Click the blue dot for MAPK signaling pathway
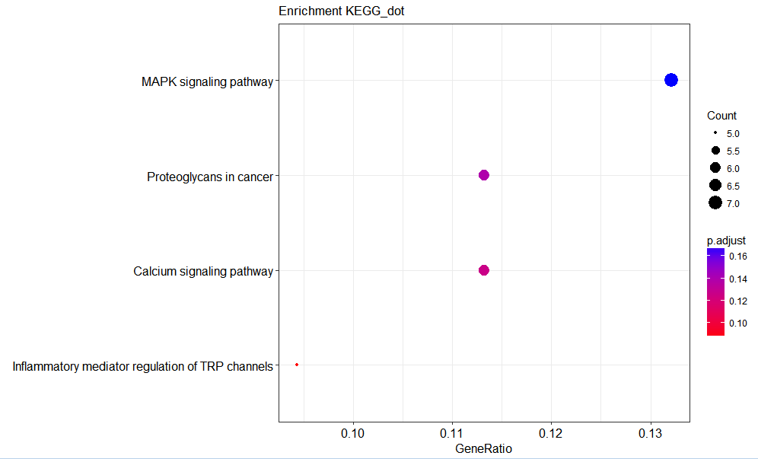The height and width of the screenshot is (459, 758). [670, 80]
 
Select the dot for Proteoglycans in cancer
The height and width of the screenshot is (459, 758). [483, 175]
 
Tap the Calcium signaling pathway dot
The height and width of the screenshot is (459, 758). [483, 270]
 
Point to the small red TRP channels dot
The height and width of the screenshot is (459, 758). [297, 365]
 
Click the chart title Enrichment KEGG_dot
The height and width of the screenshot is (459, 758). [335, 11]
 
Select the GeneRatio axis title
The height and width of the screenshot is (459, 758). [483, 449]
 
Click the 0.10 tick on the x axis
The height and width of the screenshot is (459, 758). [353, 433]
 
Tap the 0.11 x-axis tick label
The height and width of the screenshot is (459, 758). [452, 433]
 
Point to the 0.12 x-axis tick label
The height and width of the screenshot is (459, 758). [551, 433]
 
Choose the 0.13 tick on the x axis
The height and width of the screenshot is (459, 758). [650, 433]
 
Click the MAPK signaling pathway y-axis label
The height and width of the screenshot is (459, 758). [207, 81]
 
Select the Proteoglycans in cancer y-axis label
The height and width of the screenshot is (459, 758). [210, 177]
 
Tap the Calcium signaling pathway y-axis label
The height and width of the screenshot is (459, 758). [203, 271]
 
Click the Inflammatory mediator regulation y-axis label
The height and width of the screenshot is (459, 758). [142, 366]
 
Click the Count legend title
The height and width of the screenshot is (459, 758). [721, 116]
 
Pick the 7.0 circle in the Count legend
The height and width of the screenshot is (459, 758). [715, 202]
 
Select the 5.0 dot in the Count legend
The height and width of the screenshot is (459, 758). [715, 133]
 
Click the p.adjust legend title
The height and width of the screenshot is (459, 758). [726, 241]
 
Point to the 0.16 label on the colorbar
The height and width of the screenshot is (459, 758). [737, 257]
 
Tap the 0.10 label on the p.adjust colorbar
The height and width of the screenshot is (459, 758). [737, 323]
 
